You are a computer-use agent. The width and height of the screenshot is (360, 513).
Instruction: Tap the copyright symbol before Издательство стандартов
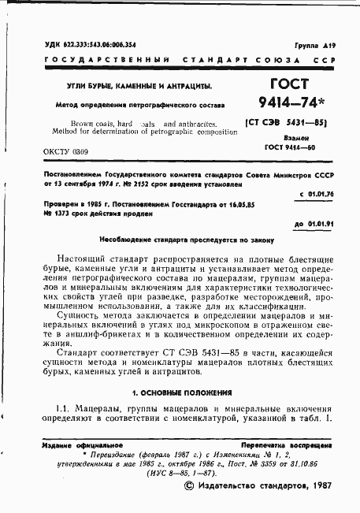(x=187, y=486)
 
